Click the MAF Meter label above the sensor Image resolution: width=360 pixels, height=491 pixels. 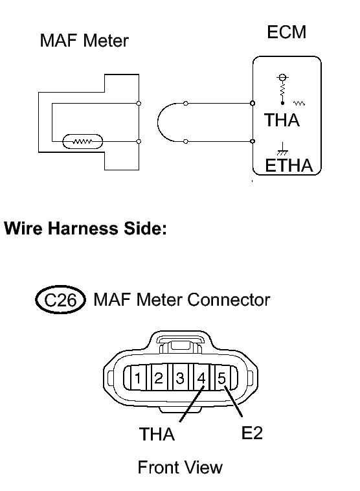84,41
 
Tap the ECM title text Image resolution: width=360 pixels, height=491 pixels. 286,32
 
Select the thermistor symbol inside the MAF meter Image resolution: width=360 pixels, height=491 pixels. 83,142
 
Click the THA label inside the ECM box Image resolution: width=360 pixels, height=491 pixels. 282,120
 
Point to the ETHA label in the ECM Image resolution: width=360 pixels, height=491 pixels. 289,165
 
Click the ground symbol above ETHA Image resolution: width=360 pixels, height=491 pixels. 282,149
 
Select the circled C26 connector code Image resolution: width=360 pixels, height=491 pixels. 60,300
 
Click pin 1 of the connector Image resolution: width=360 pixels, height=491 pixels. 137,378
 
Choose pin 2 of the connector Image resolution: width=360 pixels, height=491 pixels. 159,378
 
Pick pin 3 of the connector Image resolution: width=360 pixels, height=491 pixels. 180,378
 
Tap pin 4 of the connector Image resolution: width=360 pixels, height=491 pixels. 201,378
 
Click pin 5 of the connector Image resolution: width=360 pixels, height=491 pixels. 221,378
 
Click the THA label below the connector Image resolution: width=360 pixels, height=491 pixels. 157,435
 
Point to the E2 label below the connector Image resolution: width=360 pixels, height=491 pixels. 252,433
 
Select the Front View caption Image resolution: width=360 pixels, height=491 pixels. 180,468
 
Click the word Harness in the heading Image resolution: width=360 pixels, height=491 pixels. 83,228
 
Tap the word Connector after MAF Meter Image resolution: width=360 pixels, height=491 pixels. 229,300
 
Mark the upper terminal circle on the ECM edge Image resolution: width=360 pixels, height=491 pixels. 253,104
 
